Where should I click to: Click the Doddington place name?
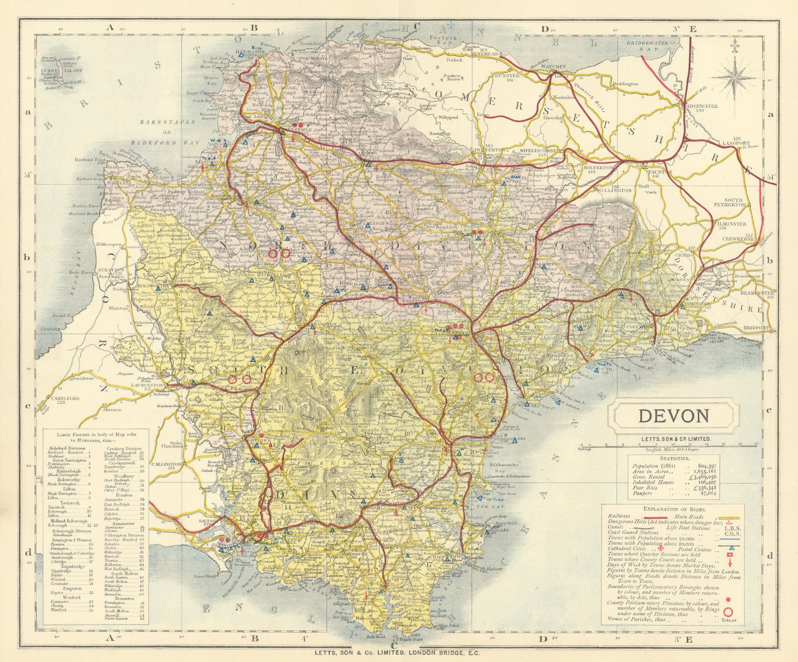625,84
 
